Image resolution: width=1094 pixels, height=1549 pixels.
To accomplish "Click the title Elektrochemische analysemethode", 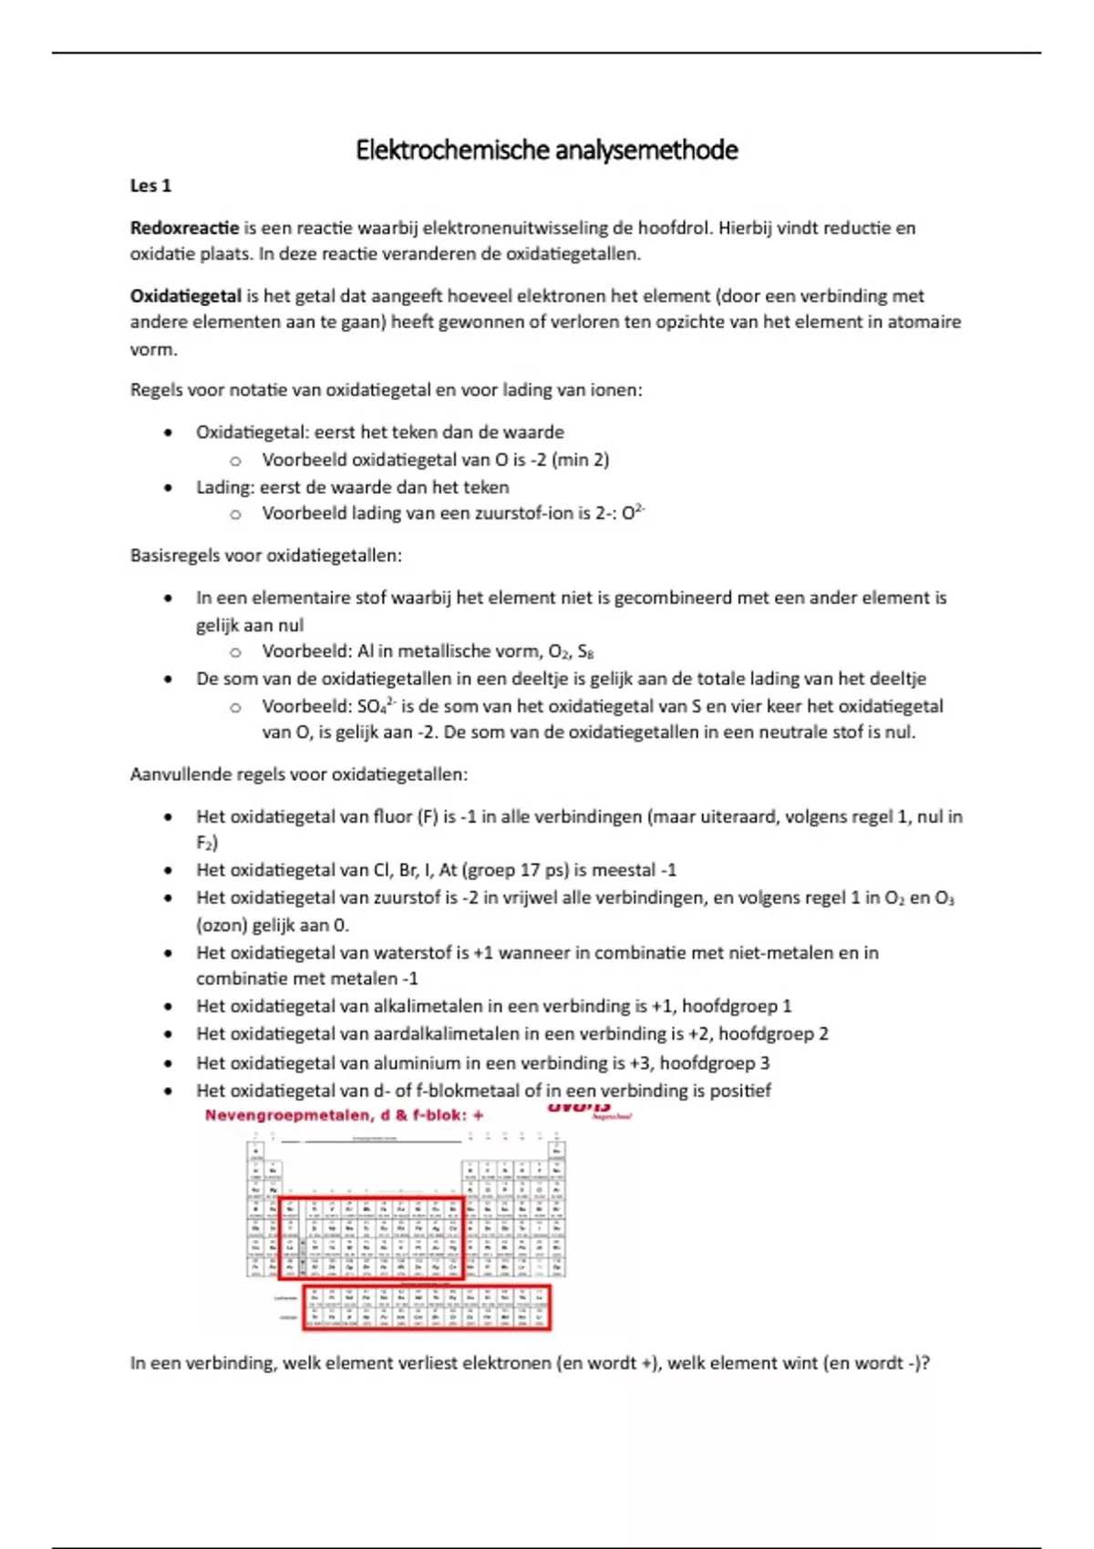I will tap(546, 150).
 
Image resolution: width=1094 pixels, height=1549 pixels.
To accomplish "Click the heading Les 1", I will tap(150, 186).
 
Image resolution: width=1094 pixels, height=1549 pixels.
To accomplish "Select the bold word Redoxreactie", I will tap(184, 228).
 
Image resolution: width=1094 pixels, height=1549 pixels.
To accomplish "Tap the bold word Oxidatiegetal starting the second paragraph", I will tap(185, 296).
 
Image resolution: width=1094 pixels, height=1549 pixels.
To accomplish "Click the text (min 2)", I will tap(580, 459).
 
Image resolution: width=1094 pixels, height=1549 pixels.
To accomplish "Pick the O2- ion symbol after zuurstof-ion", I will tap(633, 512).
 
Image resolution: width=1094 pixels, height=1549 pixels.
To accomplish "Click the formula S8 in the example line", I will tap(586, 651).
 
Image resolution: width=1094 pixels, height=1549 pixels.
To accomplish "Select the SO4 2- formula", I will tap(377, 706).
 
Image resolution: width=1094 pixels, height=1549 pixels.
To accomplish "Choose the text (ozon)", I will tap(222, 925).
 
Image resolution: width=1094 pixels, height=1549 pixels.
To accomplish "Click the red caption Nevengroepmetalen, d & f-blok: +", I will tap(344, 1115).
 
